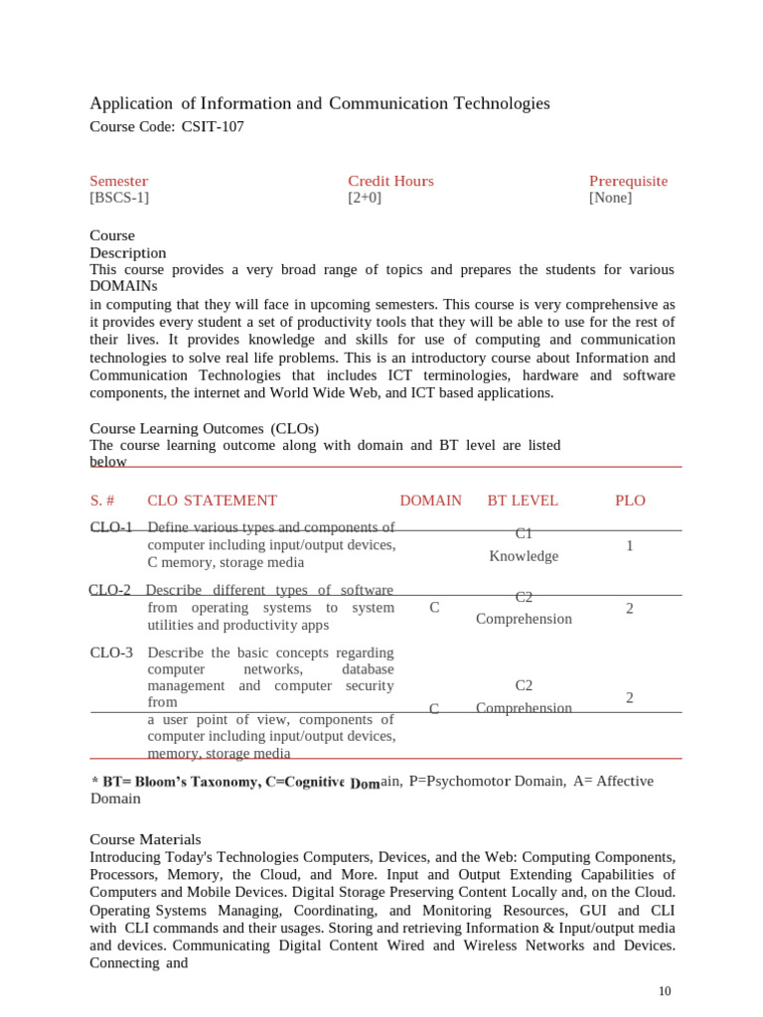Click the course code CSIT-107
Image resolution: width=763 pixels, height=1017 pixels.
coord(212,126)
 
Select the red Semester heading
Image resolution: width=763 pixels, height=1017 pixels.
coord(119,181)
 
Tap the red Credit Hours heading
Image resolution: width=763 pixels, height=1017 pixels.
coord(390,181)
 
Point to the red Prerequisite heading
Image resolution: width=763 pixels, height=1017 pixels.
coord(628,181)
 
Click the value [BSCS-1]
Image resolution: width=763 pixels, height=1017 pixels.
coord(119,198)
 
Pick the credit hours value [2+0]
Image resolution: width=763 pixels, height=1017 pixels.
coord(365,198)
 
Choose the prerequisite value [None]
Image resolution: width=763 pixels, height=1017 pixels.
coord(610,198)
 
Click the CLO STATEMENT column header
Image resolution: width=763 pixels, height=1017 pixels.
coord(212,501)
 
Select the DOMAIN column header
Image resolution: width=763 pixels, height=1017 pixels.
coord(430,501)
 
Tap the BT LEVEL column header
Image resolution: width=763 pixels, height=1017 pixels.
coord(523,501)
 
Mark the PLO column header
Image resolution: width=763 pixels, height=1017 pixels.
coord(630,501)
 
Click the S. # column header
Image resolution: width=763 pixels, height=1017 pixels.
coord(104,501)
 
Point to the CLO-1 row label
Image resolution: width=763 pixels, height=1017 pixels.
coord(111,527)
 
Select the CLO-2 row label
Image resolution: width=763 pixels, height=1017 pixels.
coord(109,590)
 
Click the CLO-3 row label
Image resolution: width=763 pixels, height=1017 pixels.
coord(111,653)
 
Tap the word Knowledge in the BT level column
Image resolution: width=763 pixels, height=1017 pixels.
coord(524,556)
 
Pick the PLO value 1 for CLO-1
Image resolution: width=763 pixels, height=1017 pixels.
coord(630,546)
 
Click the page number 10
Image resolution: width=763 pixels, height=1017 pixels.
coord(665,991)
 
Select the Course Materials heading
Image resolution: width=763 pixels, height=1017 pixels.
coord(145,839)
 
